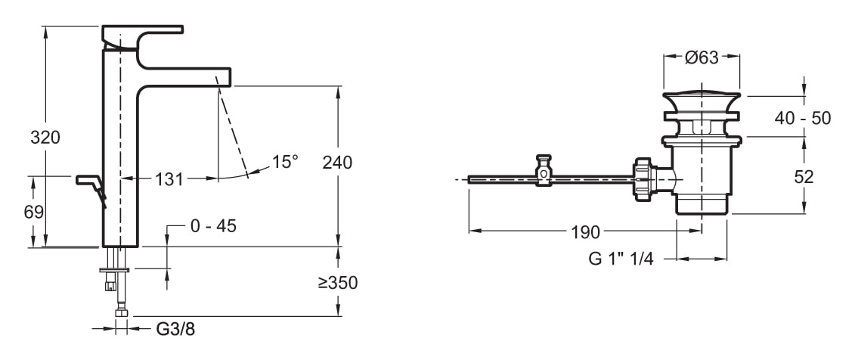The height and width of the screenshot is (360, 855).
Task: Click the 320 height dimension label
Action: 45,138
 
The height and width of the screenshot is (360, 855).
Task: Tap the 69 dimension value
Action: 34,212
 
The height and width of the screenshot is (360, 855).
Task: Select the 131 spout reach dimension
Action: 169,179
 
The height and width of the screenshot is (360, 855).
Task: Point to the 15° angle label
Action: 285,161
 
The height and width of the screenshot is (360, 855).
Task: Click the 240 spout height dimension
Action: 337,162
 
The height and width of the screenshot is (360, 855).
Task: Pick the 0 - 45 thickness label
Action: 213,226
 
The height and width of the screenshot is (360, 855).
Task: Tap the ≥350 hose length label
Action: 338,283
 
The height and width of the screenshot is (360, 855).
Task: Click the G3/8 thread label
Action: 175,329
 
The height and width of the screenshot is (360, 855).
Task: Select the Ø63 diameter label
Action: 702,57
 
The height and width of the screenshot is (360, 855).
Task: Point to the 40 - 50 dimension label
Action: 804,118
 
